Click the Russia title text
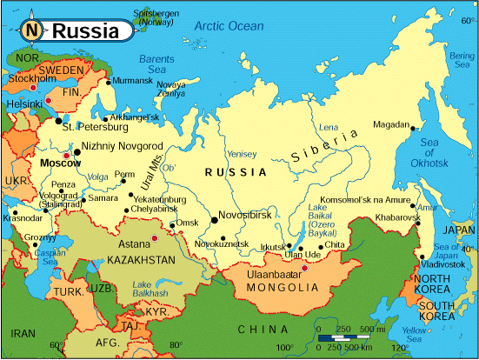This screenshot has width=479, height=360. (85, 31)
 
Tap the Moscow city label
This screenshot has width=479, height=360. (60, 163)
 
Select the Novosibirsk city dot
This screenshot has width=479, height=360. (214, 221)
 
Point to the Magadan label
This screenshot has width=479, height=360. (391, 124)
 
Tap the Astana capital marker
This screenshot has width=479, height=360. (155, 237)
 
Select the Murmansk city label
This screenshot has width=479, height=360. (133, 80)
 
